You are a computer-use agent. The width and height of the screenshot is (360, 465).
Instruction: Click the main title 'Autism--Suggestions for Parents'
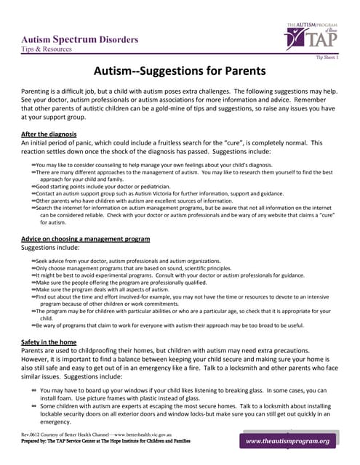(x=180, y=71)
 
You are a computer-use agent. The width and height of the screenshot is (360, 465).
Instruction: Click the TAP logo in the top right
(x=313, y=36)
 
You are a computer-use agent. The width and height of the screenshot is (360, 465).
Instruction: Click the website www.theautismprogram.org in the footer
(x=287, y=441)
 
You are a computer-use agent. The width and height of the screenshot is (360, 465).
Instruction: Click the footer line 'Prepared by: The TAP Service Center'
(x=106, y=441)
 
